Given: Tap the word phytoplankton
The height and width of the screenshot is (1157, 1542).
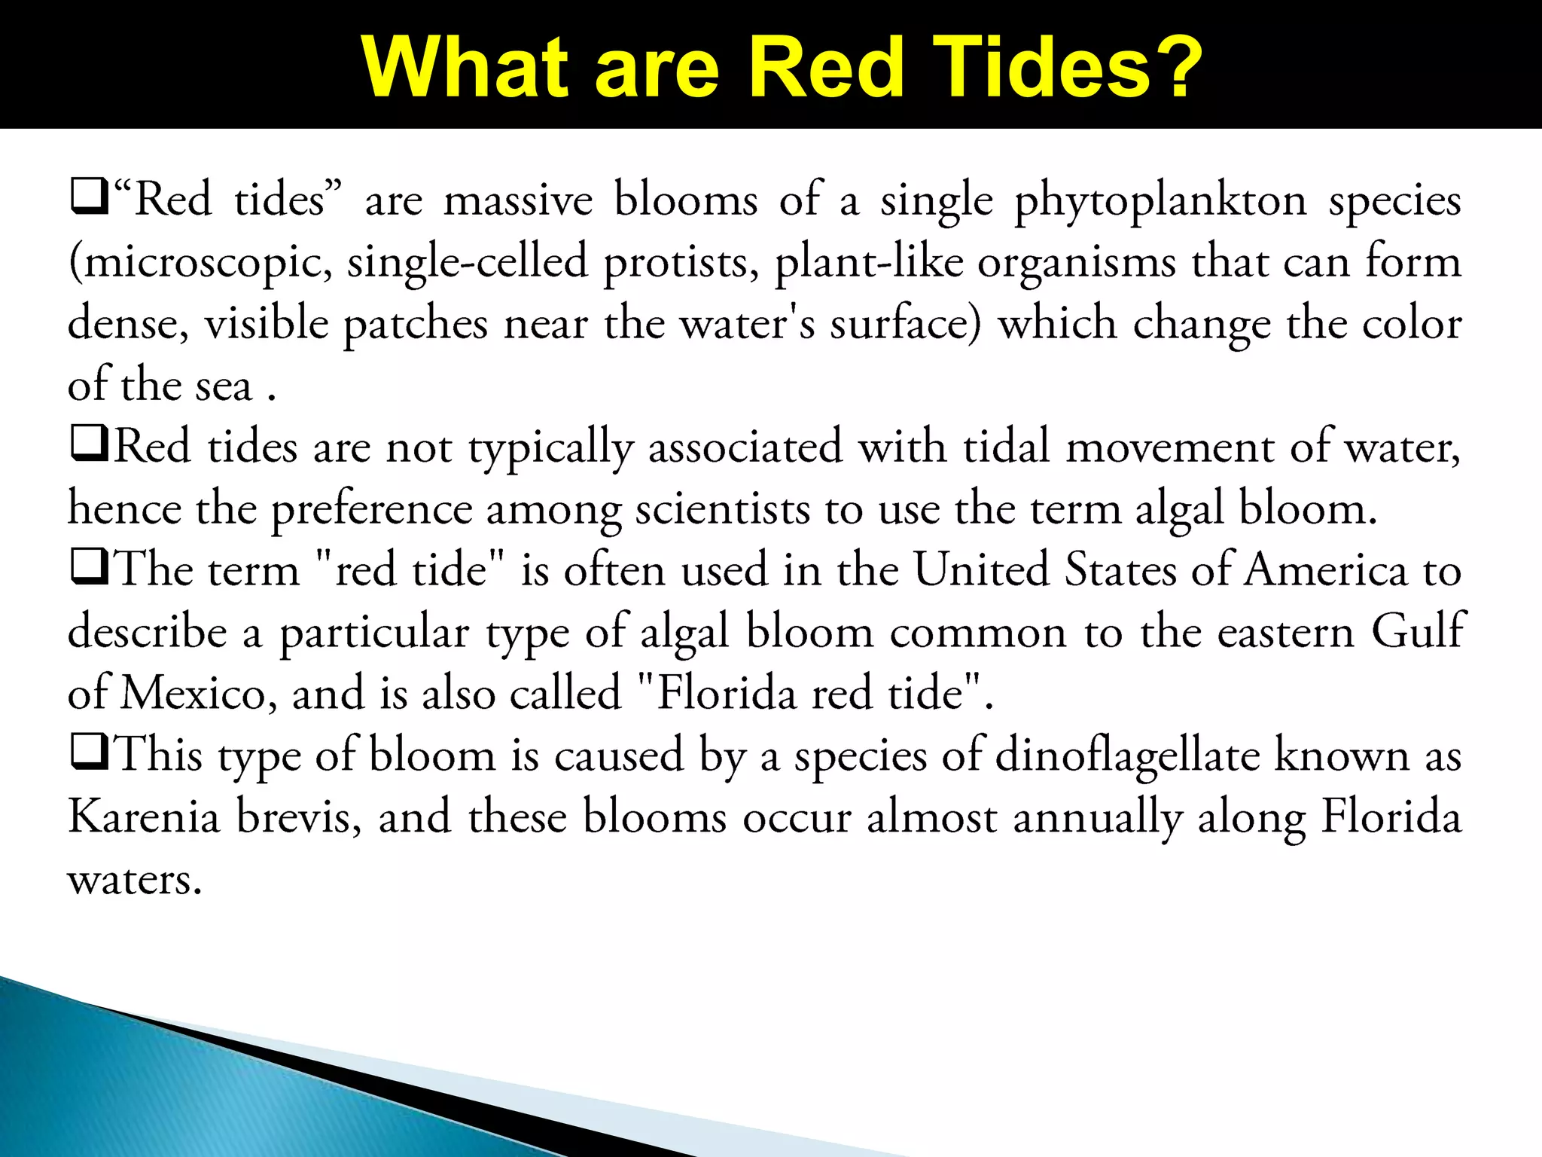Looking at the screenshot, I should tap(1160, 202).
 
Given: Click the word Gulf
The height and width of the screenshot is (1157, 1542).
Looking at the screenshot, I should tap(1417, 632).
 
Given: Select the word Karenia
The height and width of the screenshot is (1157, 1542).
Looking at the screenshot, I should tap(143, 817).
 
